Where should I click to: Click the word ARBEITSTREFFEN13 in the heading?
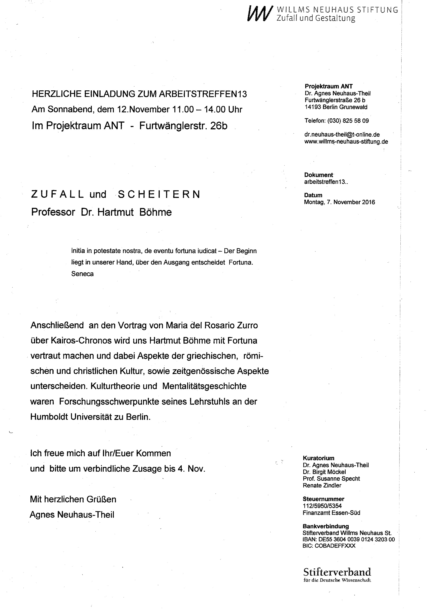point(203,94)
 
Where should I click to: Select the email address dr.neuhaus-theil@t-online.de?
point(342,135)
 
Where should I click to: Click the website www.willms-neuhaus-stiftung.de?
point(346,142)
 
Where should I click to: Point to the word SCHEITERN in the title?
point(159,195)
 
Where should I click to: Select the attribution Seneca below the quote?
point(82,274)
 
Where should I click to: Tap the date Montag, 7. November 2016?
point(339,202)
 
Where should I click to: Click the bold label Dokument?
point(318,175)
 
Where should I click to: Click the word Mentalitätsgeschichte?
point(204,386)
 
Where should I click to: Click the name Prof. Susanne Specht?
point(331,479)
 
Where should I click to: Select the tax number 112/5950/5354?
point(322,506)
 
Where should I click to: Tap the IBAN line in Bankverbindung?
point(348,539)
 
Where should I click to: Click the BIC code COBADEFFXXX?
point(329,546)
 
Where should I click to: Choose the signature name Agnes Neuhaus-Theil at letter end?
point(72,515)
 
